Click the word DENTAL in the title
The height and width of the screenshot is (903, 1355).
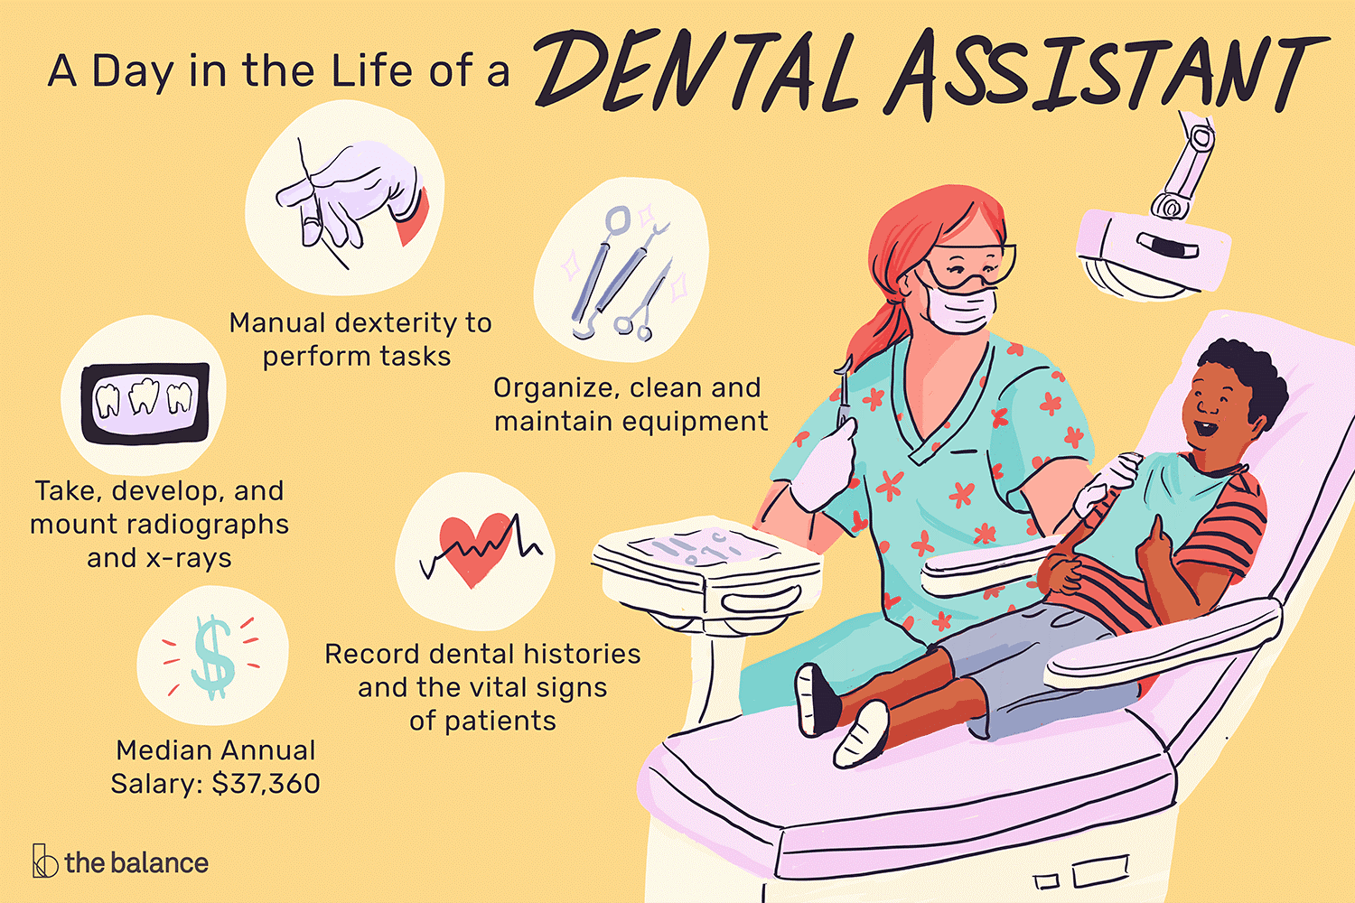pos(696,72)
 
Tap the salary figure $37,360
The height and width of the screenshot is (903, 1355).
pos(266,783)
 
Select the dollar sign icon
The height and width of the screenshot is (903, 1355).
pos(211,657)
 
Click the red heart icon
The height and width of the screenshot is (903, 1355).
pos(475,547)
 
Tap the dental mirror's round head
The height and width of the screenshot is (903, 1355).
pos(618,219)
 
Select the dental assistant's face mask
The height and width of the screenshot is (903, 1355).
pos(962,310)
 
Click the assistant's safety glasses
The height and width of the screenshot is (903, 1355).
pos(971,266)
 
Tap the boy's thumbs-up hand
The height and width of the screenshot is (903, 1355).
pos(1155,551)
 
